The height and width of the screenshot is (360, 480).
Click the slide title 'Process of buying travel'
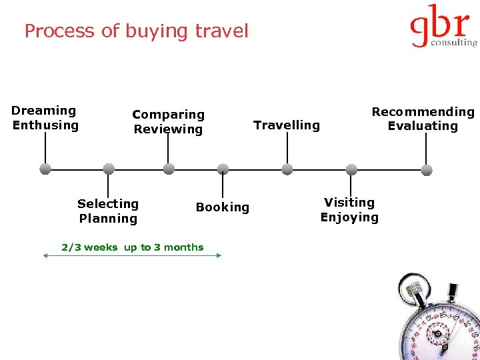click(x=136, y=31)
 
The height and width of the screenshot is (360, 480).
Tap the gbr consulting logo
click(x=443, y=27)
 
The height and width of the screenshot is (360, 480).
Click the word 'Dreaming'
click(x=44, y=111)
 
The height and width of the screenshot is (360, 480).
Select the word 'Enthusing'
click(x=45, y=125)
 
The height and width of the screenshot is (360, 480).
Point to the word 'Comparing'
click(x=168, y=115)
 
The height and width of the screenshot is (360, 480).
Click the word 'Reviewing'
click(x=168, y=129)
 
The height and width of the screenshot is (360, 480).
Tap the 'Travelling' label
click(x=287, y=125)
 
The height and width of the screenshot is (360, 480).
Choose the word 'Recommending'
click(x=423, y=112)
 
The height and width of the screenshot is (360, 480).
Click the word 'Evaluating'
click(x=423, y=126)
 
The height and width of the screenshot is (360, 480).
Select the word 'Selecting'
click(x=108, y=204)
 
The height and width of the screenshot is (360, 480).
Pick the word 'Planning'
click(x=108, y=219)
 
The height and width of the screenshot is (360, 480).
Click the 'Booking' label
click(x=223, y=207)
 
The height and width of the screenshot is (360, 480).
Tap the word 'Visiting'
click(x=349, y=202)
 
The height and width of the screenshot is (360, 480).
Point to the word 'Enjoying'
click(x=349, y=217)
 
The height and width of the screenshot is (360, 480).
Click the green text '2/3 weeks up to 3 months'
click(x=133, y=247)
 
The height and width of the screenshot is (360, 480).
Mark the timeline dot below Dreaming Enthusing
click(x=45, y=169)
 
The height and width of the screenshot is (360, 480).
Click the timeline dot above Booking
click(x=223, y=169)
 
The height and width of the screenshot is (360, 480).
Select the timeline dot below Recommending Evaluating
click(x=427, y=169)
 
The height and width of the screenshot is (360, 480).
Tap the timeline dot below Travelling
click(x=287, y=169)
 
